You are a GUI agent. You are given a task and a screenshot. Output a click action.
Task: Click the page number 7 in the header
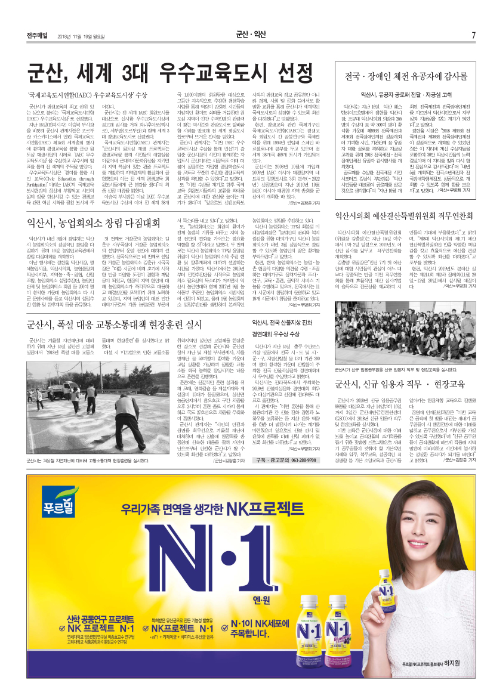tap(473, 35)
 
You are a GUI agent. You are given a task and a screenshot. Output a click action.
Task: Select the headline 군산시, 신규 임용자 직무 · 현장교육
tap(396, 384)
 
